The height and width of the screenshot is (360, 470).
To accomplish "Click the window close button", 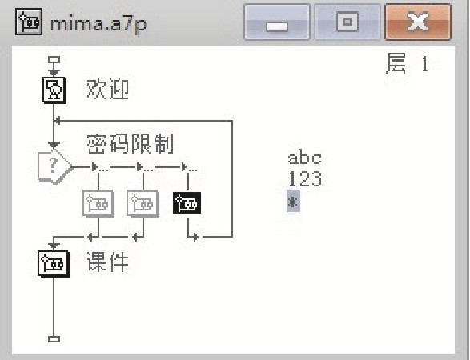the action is pos(418,22).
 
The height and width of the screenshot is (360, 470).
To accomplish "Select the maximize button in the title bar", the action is pos(347,22).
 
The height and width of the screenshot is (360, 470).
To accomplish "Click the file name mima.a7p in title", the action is pos(98,23).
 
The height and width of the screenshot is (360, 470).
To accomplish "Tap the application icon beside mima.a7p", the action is pos(29,22).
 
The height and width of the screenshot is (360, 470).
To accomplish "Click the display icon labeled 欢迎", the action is pos(54,90).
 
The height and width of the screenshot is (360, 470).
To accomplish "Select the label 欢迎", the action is pos(107,90).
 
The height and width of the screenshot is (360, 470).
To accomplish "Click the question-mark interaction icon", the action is pos(54,166).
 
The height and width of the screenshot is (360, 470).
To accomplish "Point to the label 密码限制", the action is pos(131,144).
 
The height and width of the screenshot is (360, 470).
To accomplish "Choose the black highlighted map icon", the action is pos(187,203).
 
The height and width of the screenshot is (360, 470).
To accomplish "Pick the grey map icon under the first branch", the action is pos(98,203).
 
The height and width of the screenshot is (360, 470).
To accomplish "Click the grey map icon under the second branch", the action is pos(143,203).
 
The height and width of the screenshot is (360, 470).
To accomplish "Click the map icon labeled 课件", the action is pos(54,263).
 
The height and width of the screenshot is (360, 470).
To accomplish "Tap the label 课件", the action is pos(108,262).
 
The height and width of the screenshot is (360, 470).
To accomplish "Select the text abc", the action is pos(304,158).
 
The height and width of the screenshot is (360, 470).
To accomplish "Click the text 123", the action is pos(305,179).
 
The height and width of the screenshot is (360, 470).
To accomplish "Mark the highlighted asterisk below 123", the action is pos(293,201).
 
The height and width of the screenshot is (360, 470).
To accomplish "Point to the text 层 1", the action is pos(408,63).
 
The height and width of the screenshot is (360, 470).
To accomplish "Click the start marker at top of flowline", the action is pos(54,60).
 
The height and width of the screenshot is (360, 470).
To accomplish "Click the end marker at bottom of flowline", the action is pos(54,339).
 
